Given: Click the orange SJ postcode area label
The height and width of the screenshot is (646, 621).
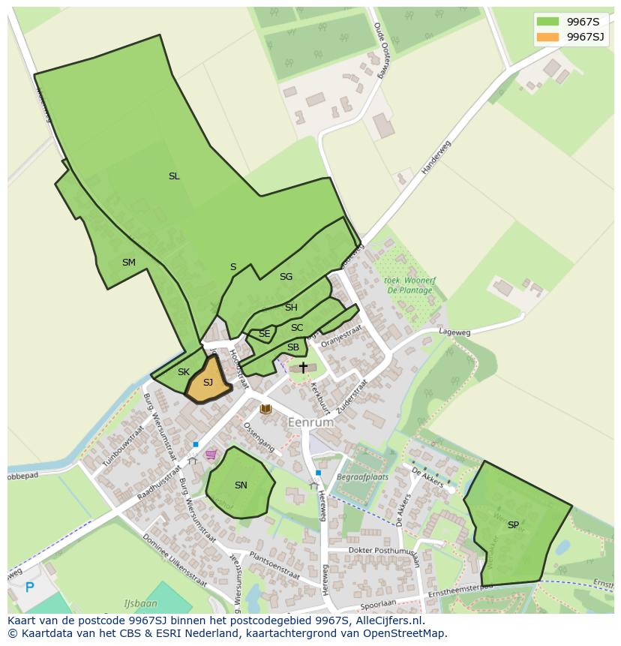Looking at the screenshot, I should (208, 383).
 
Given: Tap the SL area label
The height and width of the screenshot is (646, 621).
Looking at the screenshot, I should (174, 176).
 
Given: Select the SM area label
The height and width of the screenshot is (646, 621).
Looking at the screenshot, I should (129, 263).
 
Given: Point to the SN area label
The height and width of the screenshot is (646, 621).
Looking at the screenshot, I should (241, 485).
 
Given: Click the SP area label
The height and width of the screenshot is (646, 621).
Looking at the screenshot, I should (513, 525).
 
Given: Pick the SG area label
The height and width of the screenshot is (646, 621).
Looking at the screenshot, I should (286, 277).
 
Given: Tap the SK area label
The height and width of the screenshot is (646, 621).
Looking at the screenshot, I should (184, 372).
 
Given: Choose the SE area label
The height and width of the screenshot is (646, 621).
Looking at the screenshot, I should (264, 334).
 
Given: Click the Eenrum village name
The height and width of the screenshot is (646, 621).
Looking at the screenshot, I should (310, 422).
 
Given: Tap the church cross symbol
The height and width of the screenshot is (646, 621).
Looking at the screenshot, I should (303, 368).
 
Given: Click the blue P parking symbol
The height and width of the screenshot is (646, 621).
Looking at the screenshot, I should (29, 587).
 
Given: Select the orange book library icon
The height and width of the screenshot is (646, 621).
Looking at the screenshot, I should (265, 409).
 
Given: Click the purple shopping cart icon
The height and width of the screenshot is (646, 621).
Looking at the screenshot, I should (211, 454).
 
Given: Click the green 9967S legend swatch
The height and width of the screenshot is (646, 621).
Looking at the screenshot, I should (547, 22).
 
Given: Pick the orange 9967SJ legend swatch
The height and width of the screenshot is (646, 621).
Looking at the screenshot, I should (547, 37).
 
